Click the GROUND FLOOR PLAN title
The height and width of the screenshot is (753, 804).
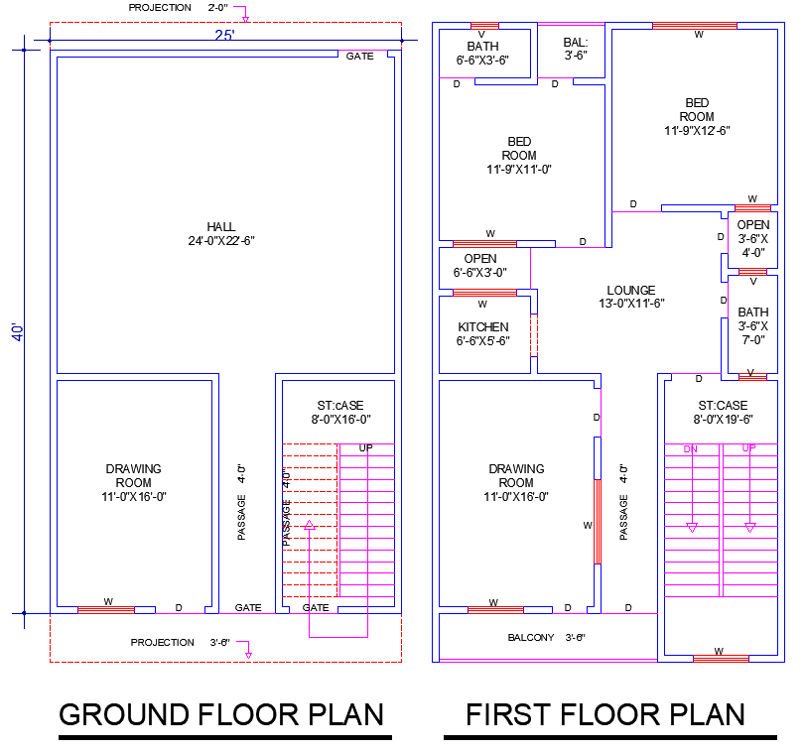click(221, 714)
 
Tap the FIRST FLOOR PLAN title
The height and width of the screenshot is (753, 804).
click(605, 714)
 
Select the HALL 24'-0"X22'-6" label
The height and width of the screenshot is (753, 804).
click(221, 233)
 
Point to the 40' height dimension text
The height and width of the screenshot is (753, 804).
click(17, 332)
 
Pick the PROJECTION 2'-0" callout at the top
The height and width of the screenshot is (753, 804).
click(179, 8)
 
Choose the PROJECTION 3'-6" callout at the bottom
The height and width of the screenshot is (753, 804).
click(181, 643)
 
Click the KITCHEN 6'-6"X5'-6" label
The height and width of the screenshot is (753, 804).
click(483, 333)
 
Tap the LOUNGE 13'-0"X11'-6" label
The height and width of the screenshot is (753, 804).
click(631, 297)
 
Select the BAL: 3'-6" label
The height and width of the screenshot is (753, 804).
click(576, 49)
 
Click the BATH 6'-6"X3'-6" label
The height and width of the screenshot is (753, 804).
click(483, 53)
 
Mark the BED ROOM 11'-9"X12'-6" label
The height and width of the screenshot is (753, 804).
click(697, 116)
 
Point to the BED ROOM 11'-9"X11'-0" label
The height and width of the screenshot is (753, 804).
click(519, 155)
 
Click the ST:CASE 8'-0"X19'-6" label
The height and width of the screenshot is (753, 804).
click(723, 412)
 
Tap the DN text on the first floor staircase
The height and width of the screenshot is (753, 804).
click(691, 449)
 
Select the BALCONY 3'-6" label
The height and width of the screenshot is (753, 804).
click(547, 638)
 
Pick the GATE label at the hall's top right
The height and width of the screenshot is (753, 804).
click(360, 57)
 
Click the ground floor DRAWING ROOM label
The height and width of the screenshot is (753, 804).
click(134, 482)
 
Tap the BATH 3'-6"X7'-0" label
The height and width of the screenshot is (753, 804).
click(753, 325)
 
